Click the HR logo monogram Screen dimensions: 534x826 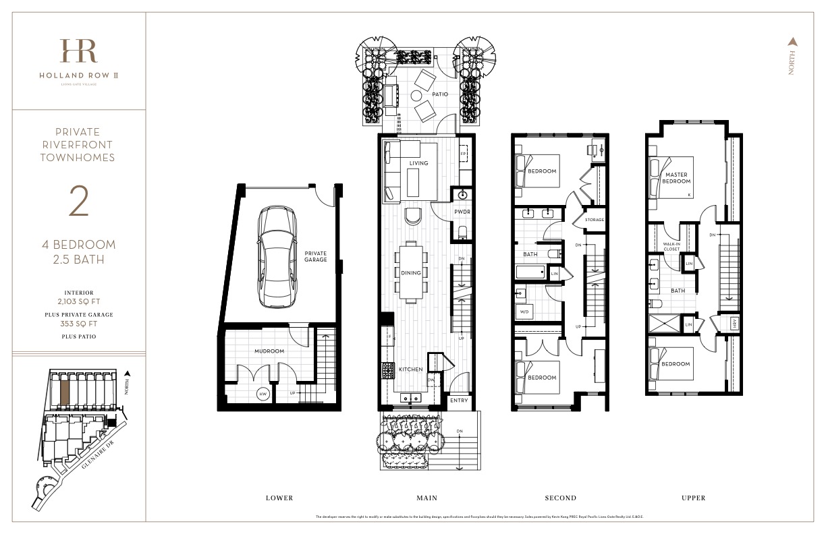click(78, 52)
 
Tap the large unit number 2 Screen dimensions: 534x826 click(79, 202)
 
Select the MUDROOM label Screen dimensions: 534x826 click(269, 351)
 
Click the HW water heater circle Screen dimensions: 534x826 click(263, 394)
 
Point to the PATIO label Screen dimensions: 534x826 click(441, 94)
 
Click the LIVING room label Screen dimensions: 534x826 click(418, 163)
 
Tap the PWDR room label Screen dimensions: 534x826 click(462, 211)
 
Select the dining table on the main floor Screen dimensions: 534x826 click(412, 272)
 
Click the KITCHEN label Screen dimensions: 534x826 click(410, 369)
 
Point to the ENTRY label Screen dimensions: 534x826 click(459, 400)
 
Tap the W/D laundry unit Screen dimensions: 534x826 click(524, 312)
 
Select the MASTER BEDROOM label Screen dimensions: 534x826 click(676, 178)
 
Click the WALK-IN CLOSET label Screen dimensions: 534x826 click(671, 246)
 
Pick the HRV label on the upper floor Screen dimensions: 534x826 click(734, 324)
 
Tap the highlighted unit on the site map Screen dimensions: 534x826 click(64, 390)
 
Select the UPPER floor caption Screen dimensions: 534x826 click(693, 498)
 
